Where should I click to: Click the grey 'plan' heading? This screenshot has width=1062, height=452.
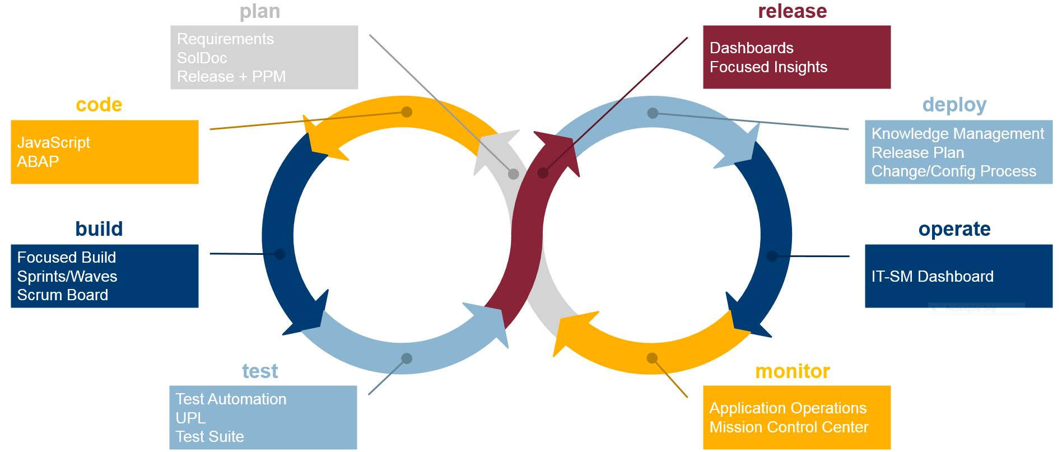pyautogui.click(x=260, y=12)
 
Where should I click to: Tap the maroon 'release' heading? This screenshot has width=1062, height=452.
pyautogui.click(x=792, y=12)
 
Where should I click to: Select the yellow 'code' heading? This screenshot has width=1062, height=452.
pyautogui.click(x=99, y=105)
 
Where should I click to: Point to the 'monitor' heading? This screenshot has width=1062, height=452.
pyautogui.click(x=792, y=371)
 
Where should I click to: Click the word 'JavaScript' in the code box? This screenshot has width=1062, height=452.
pyautogui.click(x=54, y=143)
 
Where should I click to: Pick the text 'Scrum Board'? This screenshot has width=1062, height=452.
pyautogui.click(x=63, y=295)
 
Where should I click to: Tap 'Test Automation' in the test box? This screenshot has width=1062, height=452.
pyautogui.click(x=231, y=399)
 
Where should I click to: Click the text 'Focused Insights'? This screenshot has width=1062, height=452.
pyautogui.click(x=768, y=67)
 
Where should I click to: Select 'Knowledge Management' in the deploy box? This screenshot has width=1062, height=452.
pyautogui.click(x=957, y=134)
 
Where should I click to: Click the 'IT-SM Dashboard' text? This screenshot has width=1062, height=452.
pyautogui.click(x=932, y=277)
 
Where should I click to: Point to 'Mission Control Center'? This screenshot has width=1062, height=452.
pyautogui.click(x=789, y=427)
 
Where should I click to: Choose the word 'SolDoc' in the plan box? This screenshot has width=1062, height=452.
pyautogui.click(x=202, y=58)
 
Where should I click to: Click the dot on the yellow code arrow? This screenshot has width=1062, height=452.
pyautogui.click(x=407, y=112)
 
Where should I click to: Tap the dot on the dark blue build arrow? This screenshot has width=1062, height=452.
pyautogui.click(x=280, y=254)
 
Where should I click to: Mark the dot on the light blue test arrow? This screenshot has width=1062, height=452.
pyautogui.click(x=407, y=358)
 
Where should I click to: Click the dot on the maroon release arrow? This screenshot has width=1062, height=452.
pyautogui.click(x=543, y=173)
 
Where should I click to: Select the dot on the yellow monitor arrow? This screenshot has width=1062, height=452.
pyautogui.click(x=652, y=358)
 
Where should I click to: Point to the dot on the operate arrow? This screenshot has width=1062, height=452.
pyautogui.click(x=772, y=256)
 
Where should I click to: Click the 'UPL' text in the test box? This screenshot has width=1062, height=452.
pyautogui.click(x=190, y=418)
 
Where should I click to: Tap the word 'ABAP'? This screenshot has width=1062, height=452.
pyautogui.click(x=38, y=162)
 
